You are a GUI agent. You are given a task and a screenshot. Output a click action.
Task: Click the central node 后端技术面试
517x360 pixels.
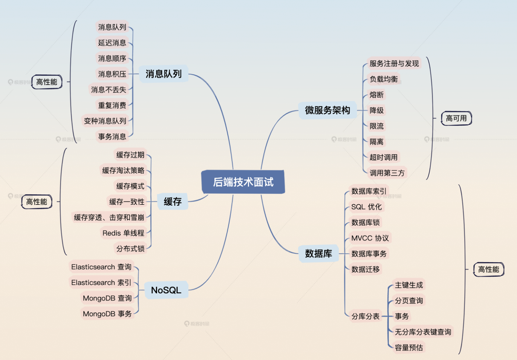point(243,182)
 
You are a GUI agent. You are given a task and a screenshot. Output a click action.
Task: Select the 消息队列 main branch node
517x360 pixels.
point(164,74)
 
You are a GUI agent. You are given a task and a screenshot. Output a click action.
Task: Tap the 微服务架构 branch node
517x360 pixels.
point(327,110)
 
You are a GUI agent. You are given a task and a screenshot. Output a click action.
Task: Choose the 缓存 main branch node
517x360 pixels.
point(173,202)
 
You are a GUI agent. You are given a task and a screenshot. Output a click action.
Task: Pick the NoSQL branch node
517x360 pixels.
point(166,290)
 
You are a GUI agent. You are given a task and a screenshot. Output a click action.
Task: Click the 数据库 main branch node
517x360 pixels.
point(318,254)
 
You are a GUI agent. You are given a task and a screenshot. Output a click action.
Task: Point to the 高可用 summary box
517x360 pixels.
point(456,118)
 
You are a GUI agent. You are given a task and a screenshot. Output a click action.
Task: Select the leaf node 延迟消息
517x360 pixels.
point(112,43)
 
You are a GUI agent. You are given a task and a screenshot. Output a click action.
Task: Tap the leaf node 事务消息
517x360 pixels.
point(112,136)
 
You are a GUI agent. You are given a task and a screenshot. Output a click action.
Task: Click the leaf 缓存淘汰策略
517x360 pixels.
point(123,170)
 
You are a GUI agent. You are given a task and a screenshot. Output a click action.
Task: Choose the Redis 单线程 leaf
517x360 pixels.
point(123,233)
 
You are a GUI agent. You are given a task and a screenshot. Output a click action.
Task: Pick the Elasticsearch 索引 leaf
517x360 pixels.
point(101,282)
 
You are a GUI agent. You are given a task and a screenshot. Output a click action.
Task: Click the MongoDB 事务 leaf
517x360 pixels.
point(107,314)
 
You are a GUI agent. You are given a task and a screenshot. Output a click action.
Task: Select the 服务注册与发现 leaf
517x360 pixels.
point(394,63)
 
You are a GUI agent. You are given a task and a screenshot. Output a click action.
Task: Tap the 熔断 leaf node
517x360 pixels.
point(376,95)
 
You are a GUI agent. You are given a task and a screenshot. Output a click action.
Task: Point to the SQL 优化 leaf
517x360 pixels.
point(367,207)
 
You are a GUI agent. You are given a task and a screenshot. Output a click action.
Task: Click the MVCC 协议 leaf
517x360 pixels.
point(370,238)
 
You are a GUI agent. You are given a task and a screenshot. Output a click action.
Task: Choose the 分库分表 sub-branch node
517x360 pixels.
point(366,316)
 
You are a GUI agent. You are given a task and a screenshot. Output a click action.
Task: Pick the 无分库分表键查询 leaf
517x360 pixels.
point(423,332)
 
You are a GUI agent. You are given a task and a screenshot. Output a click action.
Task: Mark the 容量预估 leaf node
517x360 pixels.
point(409,348)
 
